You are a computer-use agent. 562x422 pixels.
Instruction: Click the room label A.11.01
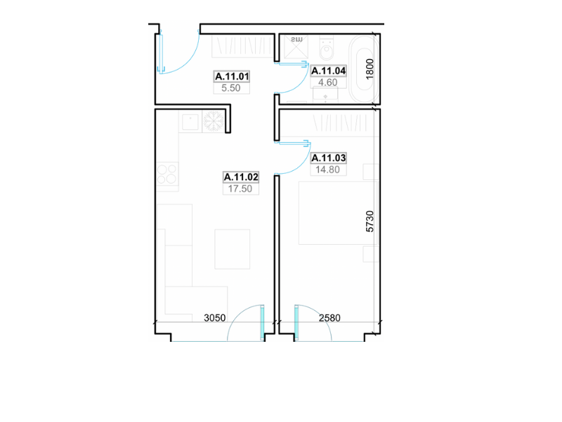tap(232, 77)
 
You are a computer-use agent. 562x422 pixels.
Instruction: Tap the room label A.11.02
tap(241, 177)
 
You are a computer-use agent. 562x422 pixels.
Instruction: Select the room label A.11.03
tap(328, 158)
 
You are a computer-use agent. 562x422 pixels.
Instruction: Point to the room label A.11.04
tap(328, 71)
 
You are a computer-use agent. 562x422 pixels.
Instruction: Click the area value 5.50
tap(231, 88)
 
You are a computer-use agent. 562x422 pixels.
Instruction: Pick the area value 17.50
tap(240, 188)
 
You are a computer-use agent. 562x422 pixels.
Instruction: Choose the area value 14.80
tap(327, 170)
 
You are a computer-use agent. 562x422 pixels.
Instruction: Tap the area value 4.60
tap(327, 82)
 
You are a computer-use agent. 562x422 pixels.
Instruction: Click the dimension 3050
tap(215, 318)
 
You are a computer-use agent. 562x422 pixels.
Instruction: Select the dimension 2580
tap(329, 318)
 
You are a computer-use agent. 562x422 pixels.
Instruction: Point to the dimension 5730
tap(370, 222)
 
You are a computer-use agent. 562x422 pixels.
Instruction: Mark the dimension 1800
tap(370, 69)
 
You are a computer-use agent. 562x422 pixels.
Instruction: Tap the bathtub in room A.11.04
tap(363, 69)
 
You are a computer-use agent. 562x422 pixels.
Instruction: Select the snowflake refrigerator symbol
tap(214, 121)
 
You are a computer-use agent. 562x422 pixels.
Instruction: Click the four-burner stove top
tap(167, 174)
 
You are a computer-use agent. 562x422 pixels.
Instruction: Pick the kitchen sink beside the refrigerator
tap(190, 122)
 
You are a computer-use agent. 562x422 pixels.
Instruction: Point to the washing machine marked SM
tap(296, 46)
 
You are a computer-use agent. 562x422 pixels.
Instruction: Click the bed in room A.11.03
tap(339, 213)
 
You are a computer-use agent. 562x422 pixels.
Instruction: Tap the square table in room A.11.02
tap(233, 249)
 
